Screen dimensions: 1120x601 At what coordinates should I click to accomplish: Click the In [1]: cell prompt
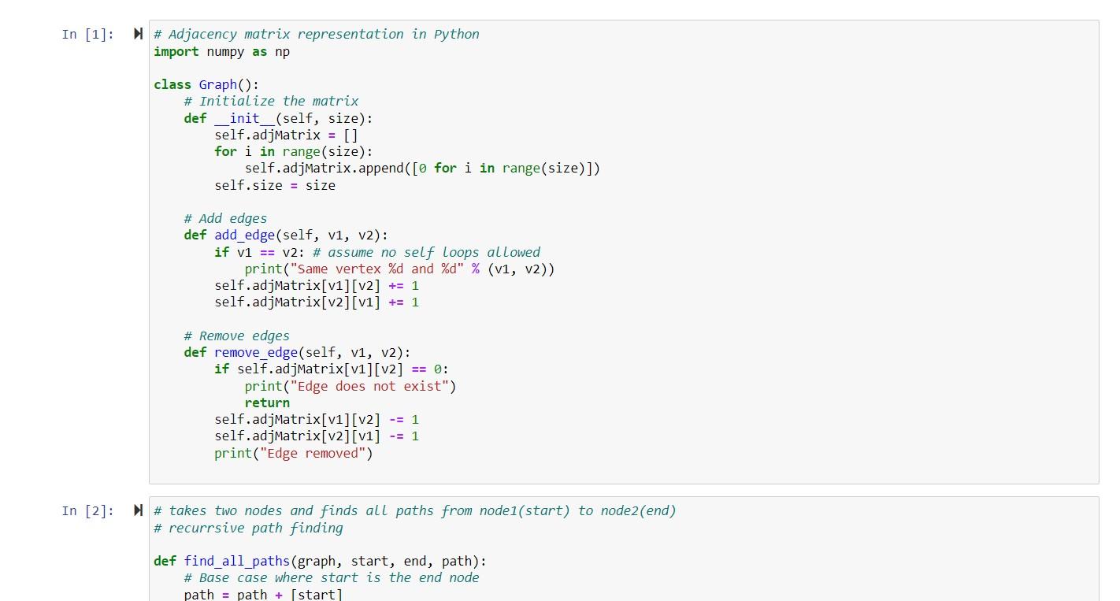[x=87, y=34]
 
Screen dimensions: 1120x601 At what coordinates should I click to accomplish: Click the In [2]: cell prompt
[x=87, y=510]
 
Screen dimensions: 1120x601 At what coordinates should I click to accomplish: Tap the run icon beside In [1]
[x=138, y=34]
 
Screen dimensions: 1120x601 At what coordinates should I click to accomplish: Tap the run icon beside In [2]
[x=138, y=510]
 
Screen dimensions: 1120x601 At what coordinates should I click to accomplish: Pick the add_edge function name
[x=244, y=236]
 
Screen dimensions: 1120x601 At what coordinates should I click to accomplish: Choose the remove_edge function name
[x=255, y=352]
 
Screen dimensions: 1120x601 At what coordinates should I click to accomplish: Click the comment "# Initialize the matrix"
[x=271, y=101]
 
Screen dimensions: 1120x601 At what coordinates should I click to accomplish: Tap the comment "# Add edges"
[x=225, y=218]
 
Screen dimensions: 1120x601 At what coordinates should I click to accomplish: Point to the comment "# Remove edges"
[x=236, y=336]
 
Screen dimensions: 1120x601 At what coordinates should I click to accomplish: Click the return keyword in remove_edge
[x=267, y=403]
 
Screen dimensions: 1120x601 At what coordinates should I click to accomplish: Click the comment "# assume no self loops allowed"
[x=426, y=252]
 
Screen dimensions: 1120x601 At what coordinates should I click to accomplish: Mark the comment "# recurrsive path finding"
[x=248, y=528]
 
